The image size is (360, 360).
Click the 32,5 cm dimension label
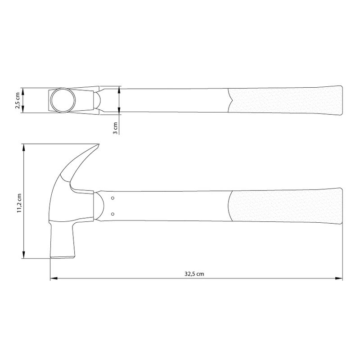click(194, 274)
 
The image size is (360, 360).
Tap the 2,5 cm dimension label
click(18, 100)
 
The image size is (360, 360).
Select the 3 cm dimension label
click(115, 128)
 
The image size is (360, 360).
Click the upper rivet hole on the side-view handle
click(113, 198)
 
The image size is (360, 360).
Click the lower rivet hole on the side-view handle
click(113, 214)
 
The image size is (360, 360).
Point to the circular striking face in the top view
click(63, 100)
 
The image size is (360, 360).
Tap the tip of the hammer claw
click(99, 144)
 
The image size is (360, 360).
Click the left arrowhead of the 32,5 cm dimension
click(54, 279)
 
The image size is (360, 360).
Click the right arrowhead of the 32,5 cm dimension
click(339, 279)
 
